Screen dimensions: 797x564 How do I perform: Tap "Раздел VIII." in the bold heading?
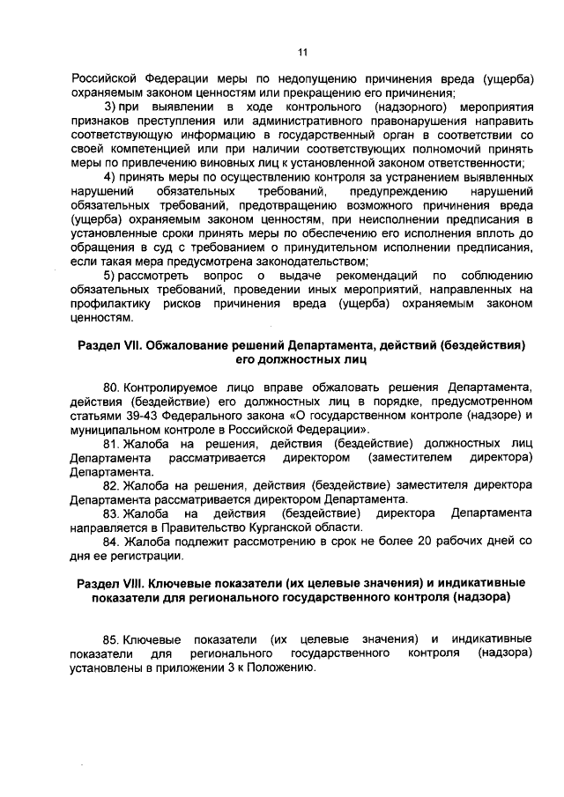pyautogui.click(x=110, y=583)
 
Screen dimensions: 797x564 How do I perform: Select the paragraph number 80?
pyautogui.click(x=111, y=387)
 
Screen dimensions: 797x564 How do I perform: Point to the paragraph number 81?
pyautogui.click(x=111, y=444)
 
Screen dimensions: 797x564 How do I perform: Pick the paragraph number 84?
pyautogui.click(x=111, y=540)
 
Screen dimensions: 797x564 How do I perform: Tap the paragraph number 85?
pyautogui.click(x=111, y=638)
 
